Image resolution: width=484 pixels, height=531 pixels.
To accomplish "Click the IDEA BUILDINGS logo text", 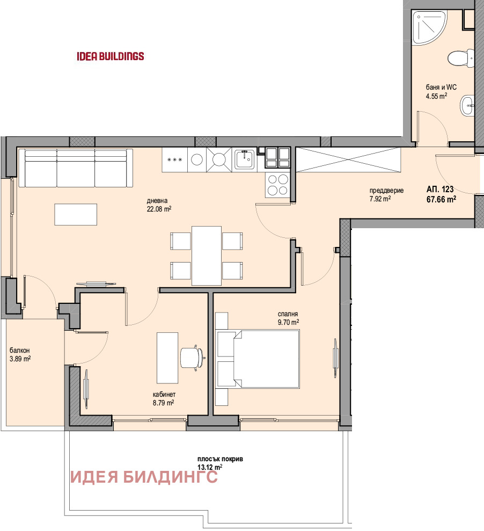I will click(111, 56).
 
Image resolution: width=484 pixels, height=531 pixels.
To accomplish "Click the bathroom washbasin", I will click(468, 105).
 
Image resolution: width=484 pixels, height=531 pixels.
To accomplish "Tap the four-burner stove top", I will click(277, 185).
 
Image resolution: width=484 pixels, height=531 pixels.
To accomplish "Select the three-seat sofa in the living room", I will click(76, 169).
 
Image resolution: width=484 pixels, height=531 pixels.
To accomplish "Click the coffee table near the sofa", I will click(76, 214).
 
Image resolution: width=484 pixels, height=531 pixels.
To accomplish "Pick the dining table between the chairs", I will click(207, 256).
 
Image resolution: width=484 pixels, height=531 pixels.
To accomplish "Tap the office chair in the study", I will click(193, 357).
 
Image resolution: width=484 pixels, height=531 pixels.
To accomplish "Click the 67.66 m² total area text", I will click(441, 199).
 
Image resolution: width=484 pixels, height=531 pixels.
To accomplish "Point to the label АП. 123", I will click(440, 189).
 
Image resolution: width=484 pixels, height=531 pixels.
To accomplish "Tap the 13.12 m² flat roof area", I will click(209, 467).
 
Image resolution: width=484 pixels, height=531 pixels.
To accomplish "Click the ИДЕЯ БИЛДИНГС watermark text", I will click(144, 477).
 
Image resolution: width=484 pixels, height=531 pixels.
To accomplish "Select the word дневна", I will click(156, 202).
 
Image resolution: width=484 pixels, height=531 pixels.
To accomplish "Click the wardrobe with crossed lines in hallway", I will click(348, 159).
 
